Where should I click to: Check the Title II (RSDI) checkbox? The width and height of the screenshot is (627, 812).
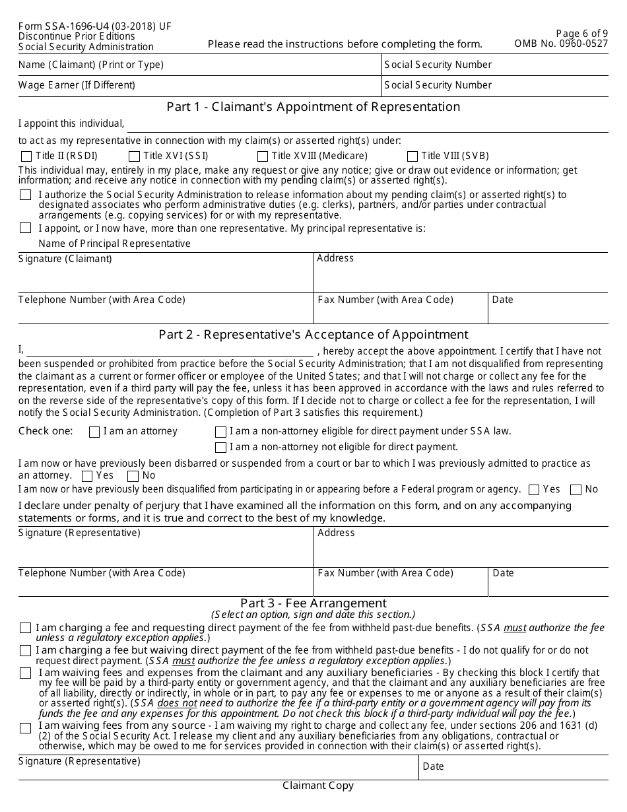coord(26,156)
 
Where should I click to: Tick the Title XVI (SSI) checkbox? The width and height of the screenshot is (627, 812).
coord(134,156)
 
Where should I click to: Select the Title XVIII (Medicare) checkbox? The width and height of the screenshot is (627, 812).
coord(262,156)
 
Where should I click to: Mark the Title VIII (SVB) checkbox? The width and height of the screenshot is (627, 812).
coord(412,156)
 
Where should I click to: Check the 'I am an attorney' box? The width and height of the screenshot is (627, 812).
coord(94,432)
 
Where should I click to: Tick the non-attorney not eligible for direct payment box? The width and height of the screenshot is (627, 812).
coord(220,448)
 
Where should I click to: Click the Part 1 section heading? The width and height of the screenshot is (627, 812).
coord(313,107)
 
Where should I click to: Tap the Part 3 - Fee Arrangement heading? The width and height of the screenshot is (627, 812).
coord(313,603)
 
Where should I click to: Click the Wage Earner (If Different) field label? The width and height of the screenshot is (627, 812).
coord(77,85)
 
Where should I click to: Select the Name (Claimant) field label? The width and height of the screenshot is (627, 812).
coord(91,65)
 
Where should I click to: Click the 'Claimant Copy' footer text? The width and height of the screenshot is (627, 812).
coord(318,786)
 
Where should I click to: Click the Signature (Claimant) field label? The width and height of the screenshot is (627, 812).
coord(65,259)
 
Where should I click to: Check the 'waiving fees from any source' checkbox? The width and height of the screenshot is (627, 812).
coord(25,728)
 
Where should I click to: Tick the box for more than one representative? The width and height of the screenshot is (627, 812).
coord(25,228)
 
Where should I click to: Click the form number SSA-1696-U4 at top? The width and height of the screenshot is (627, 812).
coord(94,26)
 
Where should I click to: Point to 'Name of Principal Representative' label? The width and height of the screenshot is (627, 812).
coord(114,244)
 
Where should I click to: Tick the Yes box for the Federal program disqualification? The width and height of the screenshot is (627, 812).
coord(534,490)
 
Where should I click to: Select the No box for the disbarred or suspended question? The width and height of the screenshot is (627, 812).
coord(133,476)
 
